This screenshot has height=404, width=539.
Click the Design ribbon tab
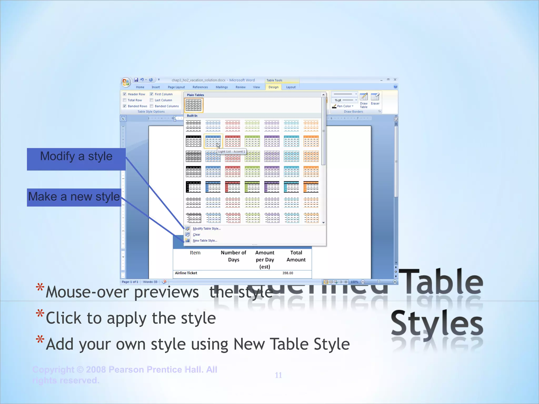(x=273, y=87)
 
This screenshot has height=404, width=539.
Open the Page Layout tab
(x=176, y=87)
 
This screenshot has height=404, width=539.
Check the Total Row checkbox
(x=125, y=100)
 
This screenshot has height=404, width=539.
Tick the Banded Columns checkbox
(x=152, y=106)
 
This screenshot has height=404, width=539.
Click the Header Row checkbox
(x=125, y=94)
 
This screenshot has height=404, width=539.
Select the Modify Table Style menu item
(x=207, y=229)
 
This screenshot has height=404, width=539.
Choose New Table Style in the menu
(x=205, y=241)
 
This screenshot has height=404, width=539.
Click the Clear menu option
(x=196, y=235)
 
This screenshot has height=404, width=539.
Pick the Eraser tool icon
(x=375, y=99)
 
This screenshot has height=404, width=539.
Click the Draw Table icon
(x=364, y=100)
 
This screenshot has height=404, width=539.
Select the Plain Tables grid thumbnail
(x=194, y=105)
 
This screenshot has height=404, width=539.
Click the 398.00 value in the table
(x=288, y=273)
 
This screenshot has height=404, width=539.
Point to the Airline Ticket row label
(x=186, y=273)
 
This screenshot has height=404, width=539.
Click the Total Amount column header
(x=296, y=256)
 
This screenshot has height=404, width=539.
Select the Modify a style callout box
(x=76, y=159)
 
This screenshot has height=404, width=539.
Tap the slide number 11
(x=278, y=375)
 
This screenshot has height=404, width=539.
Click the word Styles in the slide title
(x=437, y=324)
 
